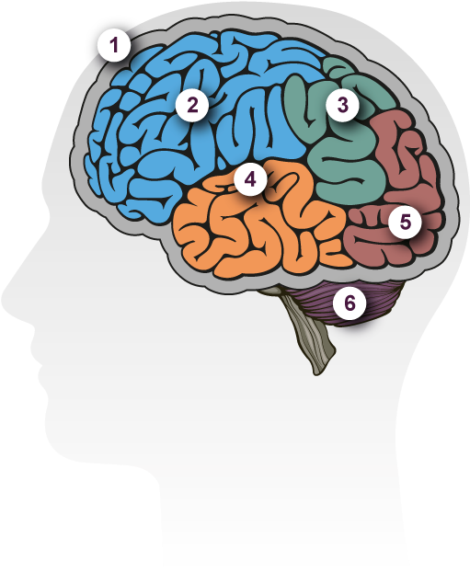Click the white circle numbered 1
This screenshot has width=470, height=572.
click(114, 45)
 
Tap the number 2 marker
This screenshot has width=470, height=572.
click(192, 105)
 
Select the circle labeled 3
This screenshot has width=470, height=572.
click(343, 105)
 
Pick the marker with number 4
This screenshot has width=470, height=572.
click(250, 180)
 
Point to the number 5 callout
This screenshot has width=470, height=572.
click(405, 222)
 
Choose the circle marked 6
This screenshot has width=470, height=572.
click(350, 303)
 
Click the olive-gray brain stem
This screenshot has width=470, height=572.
click(305, 328)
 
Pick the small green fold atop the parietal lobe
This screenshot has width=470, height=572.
click(337, 65)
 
